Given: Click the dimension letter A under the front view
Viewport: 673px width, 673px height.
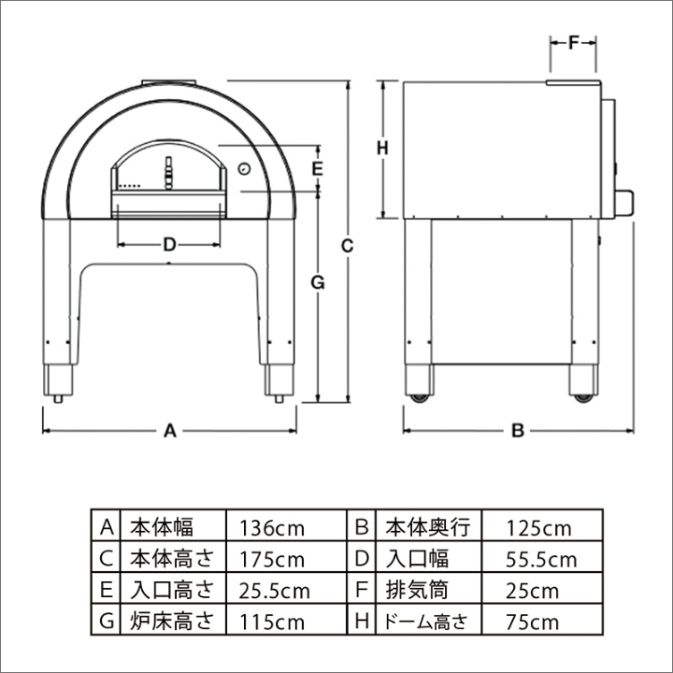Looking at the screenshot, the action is pos(171,430).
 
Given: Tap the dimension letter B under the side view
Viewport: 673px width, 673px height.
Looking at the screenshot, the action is pos(518,430).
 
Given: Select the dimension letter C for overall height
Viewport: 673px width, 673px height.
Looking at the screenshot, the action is pos(347,246).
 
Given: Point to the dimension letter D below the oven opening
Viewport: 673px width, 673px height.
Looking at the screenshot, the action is pos(170,245).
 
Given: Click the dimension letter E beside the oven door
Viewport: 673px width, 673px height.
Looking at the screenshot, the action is pos(317,169).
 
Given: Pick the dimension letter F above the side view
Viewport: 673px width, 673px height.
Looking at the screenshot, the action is pos(574,42).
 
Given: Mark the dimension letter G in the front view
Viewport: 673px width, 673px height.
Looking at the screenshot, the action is pos(317,282).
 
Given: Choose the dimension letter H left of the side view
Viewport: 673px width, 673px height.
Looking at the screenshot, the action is pos(382,148).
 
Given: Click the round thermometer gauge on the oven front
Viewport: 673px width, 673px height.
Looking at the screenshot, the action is pos(244,168).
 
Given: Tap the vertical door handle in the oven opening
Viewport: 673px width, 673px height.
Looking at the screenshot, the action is pos(169,172).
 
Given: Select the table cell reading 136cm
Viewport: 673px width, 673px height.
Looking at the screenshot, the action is pos(272,528).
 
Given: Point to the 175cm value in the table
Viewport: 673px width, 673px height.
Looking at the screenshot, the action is pos(272,559).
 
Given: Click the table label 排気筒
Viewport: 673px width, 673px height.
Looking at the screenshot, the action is pos(416,590).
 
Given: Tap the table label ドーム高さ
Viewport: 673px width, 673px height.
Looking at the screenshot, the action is pos(425,621).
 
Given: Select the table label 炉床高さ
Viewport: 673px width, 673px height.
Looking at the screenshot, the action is pos(172,621).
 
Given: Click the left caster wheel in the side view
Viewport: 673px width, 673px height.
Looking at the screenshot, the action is pos(419,398).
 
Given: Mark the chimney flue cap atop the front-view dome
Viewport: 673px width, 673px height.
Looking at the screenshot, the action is pos(169,82).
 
